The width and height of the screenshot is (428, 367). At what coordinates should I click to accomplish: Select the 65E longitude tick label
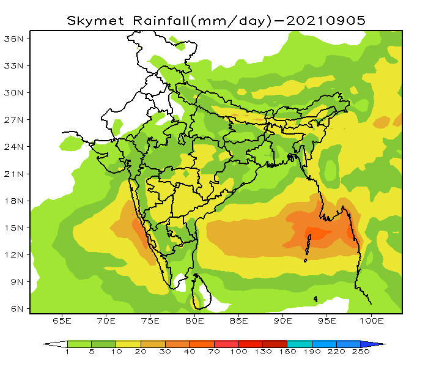pos(62,321)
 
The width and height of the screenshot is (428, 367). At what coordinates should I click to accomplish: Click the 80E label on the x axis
pos(194,321)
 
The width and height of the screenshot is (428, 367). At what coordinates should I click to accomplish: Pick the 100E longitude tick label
pos(371,321)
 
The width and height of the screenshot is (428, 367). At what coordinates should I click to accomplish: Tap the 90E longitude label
pos(283,321)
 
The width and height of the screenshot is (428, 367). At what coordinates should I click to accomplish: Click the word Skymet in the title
pos(94,20)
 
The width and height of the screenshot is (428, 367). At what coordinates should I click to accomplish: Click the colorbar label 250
pos(360,353)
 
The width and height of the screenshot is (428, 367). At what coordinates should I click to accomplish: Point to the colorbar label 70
pos(214,353)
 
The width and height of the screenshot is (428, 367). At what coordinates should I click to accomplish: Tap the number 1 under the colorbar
pos(67,353)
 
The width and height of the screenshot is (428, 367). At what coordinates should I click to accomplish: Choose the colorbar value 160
pos(287,353)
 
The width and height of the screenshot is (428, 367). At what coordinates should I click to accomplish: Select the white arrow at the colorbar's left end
pos(54,344)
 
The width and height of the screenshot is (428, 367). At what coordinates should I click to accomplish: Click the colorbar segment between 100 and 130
pos(251,344)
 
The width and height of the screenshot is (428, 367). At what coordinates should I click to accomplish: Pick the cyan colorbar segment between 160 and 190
pos(299,344)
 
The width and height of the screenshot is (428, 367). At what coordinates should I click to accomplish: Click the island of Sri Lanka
pos(199,293)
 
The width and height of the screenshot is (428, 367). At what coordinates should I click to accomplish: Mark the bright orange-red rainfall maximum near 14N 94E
pos(317,234)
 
